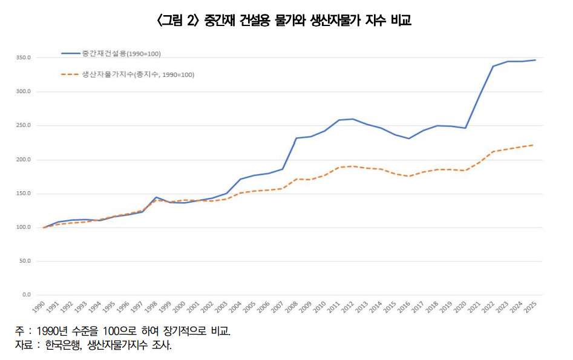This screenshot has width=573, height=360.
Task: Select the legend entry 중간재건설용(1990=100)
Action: click(x=121, y=54)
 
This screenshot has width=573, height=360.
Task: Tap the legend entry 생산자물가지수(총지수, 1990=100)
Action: click(x=137, y=74)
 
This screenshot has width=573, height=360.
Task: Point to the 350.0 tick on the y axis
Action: click(x=24, y=58)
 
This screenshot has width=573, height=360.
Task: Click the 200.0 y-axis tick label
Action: click(x=24, y=160)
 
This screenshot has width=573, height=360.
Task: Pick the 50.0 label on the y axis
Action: click(x=25, y=261)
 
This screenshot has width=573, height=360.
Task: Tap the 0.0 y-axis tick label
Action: click(x=26, y=295)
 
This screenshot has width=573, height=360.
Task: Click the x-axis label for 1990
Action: click(x=39, y=307)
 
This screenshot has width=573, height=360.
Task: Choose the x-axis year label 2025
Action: click(x=531, y=307)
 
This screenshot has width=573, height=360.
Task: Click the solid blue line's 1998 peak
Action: click(x=156, y=197)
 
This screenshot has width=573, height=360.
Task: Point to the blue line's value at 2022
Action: click(x=493, y=66)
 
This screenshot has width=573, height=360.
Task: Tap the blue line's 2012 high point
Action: click(x=353, y=119)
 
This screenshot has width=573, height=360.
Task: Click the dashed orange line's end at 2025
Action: click(x=533, y=145)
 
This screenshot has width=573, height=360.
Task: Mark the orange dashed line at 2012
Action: click(x=353, y=166)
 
